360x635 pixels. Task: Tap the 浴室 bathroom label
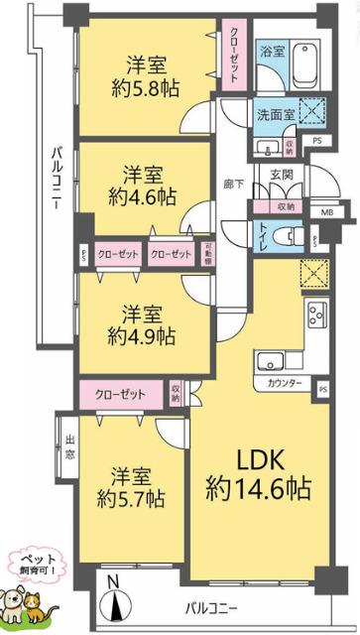click(270, 51)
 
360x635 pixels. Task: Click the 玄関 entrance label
click(283, 177)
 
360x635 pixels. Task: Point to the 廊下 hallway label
click(231, 185)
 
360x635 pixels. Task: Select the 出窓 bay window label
click(69, 444)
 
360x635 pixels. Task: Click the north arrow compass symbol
click(117, 600)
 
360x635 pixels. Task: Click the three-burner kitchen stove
click(319, 317)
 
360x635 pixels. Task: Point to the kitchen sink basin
click(271, 360)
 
